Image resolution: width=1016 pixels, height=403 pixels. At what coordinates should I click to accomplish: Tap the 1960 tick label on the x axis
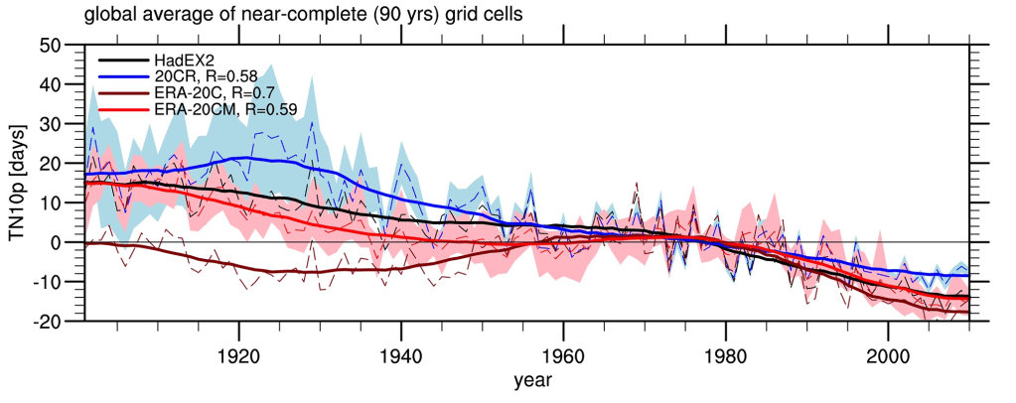(x=563, y=355)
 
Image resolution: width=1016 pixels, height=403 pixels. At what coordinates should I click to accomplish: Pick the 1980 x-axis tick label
(x=725, y=355)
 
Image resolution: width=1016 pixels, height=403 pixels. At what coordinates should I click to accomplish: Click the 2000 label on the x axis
(x=888, y=355)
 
